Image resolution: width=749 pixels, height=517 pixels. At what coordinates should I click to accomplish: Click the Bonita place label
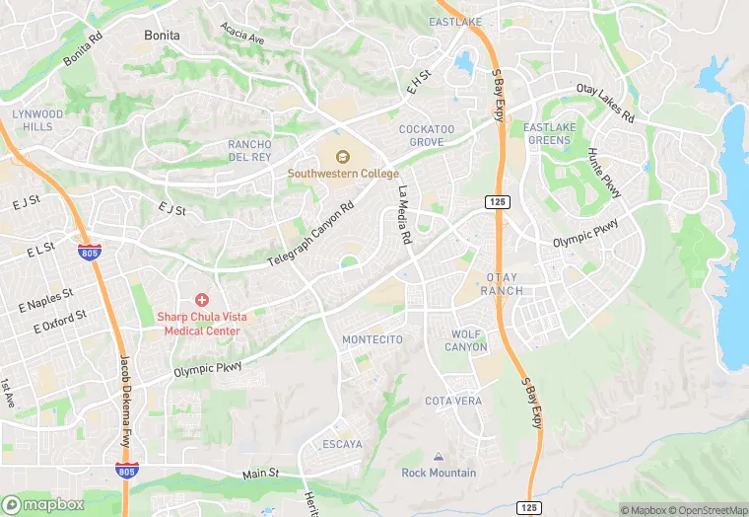(162, 35)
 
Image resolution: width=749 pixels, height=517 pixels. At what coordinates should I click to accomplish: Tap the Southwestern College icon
(343, 156)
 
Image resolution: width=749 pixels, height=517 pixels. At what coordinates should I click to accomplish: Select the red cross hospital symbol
(203, 299)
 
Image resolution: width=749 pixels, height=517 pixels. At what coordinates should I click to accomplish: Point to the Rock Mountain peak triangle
(439, 458)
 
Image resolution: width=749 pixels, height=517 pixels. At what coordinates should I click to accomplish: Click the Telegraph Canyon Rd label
(310, 237)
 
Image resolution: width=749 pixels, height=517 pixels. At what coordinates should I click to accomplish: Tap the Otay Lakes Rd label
(605, 100)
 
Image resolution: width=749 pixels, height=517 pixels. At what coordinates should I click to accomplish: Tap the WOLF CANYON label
(467, 340)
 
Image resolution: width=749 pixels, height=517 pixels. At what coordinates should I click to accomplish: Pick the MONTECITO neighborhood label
(372, 339)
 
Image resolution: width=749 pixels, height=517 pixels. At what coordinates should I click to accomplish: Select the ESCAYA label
(342, 445)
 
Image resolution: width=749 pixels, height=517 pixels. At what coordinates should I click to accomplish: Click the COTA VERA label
(453, 401)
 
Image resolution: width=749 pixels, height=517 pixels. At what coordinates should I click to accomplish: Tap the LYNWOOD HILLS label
(37, 120)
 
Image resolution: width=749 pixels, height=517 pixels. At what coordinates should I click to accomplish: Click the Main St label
(261, 475)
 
